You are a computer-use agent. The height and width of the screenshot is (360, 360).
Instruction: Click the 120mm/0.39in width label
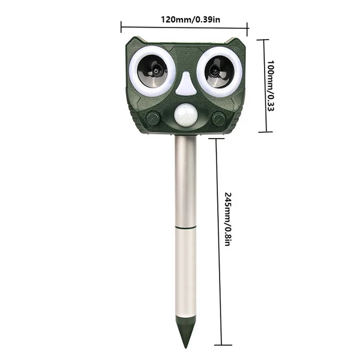pyautogui.click(x=190, y=19)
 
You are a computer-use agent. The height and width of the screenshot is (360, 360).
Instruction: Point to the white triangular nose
pyautogui.click(x=186, y=85)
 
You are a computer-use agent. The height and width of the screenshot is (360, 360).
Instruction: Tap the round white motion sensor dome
pyautogui.click(x=185, y=116)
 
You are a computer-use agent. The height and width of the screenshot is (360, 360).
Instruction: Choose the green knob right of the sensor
pyautogui.click(x=218, y=118)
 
